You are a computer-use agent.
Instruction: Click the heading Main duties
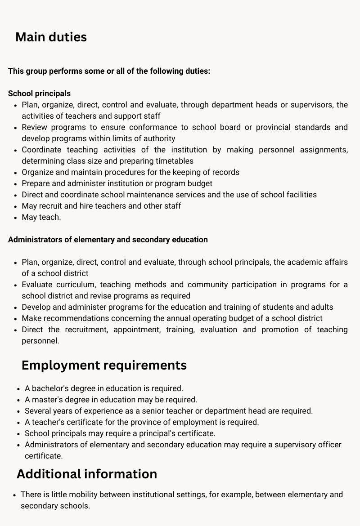coord(51,37)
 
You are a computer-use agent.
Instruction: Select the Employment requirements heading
coord(104,365)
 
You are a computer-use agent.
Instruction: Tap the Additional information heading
coord(87,474)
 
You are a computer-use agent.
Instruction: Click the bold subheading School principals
coord(39,94)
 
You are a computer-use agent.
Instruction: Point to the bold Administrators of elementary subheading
coord(108,240)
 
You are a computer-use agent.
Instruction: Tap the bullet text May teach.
coord(41,217)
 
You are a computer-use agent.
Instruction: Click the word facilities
coord(297,195)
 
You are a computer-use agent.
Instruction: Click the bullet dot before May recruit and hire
coord(16,206)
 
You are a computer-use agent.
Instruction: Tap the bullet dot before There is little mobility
coord(15,495)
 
